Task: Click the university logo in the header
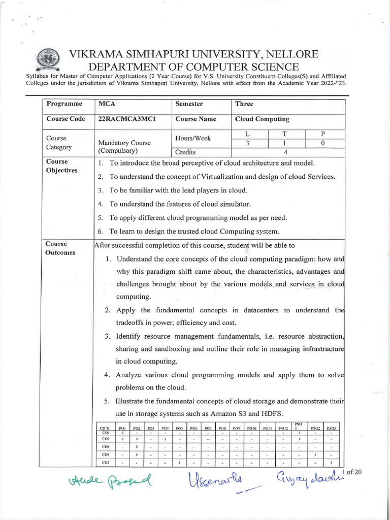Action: pyautogui.click(x=48, y=59)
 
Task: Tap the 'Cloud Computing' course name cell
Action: pyautogui.click(x=262, y=119)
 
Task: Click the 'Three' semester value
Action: pyautogui.click(x=244, y=104)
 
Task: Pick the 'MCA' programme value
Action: pyautogui.click(x=107, y=104)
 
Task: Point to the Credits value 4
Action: pyautogui.click(x=286, y=152)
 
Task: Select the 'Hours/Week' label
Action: pyautogui.click(x=193, y=138)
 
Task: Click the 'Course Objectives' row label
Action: pyautogui.click(x=61, y=166)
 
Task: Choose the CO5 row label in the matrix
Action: pyautogui.click(x=106, y=463)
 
